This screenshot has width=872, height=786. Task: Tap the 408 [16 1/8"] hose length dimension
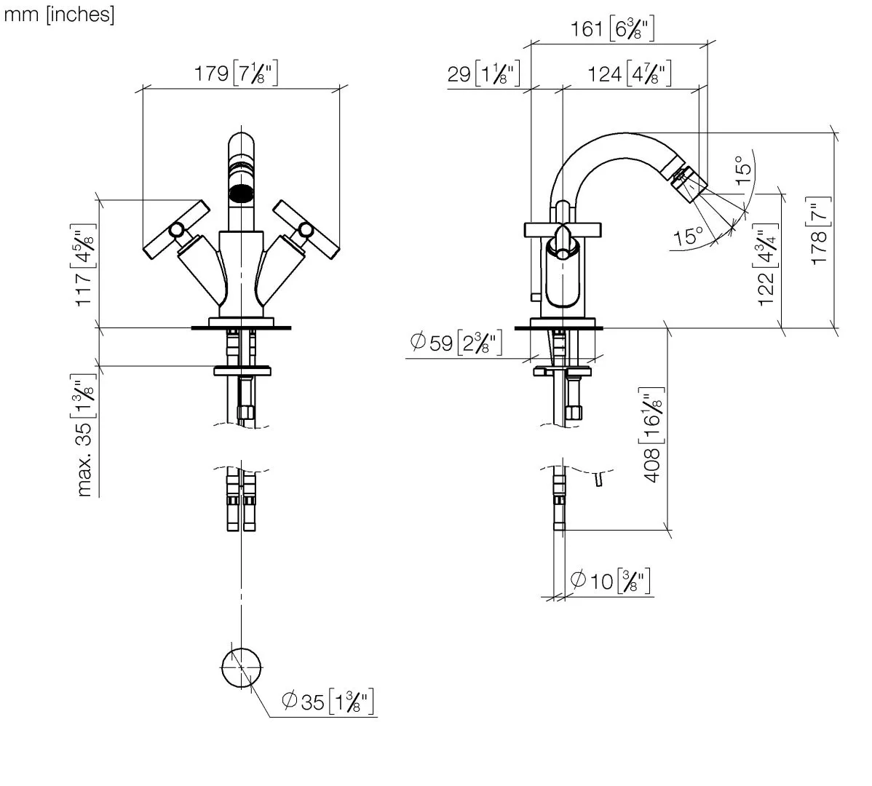[x=652, y=434]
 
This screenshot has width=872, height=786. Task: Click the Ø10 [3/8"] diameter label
[x=609, y=581]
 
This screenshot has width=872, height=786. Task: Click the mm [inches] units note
[x=60, y=15]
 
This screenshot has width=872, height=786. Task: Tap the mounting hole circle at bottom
[x=241, y=667]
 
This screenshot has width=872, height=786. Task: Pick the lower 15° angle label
[x=689, y=237]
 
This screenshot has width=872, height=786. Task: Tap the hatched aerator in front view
[x=241, y=194]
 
